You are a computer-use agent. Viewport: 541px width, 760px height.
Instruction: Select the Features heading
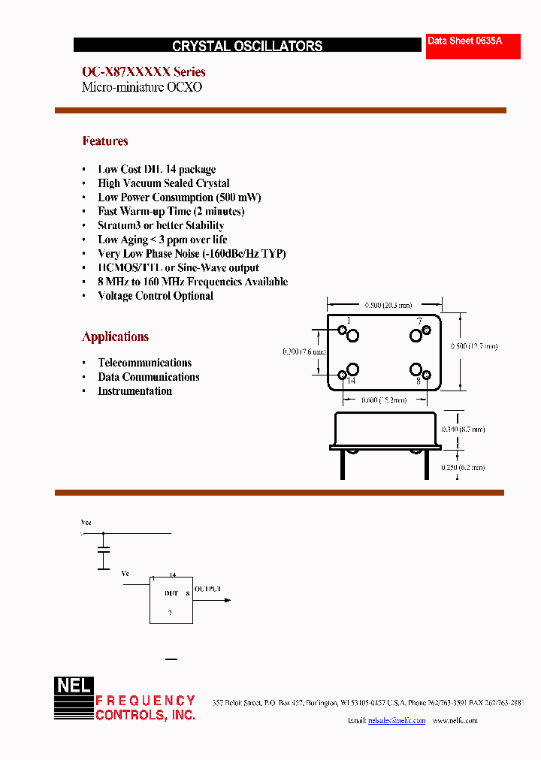pyautogui.click(x=105, y=141)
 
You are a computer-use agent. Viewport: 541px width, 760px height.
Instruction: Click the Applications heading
pyautogui.click(x=116, y=336)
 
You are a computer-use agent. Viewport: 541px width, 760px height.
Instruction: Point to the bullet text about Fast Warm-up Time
pyautogui.click(x=171, y=211)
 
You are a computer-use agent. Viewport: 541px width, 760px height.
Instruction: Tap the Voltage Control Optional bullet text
pyautogui.click(x=156, y=296)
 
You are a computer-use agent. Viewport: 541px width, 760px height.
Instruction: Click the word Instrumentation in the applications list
pyautogui.click(x=135, y=391)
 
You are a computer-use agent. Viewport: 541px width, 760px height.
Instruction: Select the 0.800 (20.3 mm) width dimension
pyautogui.click(x=388, y=306)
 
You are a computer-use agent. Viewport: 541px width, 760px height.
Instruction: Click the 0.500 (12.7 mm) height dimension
pyautogui.click(x=473, y=346)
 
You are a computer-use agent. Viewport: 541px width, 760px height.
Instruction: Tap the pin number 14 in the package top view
pyautogui.click(x=350, y=382)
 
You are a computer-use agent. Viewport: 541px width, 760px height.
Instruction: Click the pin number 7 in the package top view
pyautogui.click(x=419, y=321)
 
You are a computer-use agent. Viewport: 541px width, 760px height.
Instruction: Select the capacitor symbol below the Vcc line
pyautogui.click(x=104, y=552)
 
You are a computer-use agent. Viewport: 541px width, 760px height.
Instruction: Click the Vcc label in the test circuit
pyautogui.click(x=86, y=521)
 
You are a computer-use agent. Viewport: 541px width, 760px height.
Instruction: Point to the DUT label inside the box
pyautogui.click(x=171, y=593)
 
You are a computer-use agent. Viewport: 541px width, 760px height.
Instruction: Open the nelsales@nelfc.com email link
pyautogui.click(x=397, y=721)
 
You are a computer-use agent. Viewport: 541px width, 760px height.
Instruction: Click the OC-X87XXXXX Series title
pyautogui.click(x=144, y=72)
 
